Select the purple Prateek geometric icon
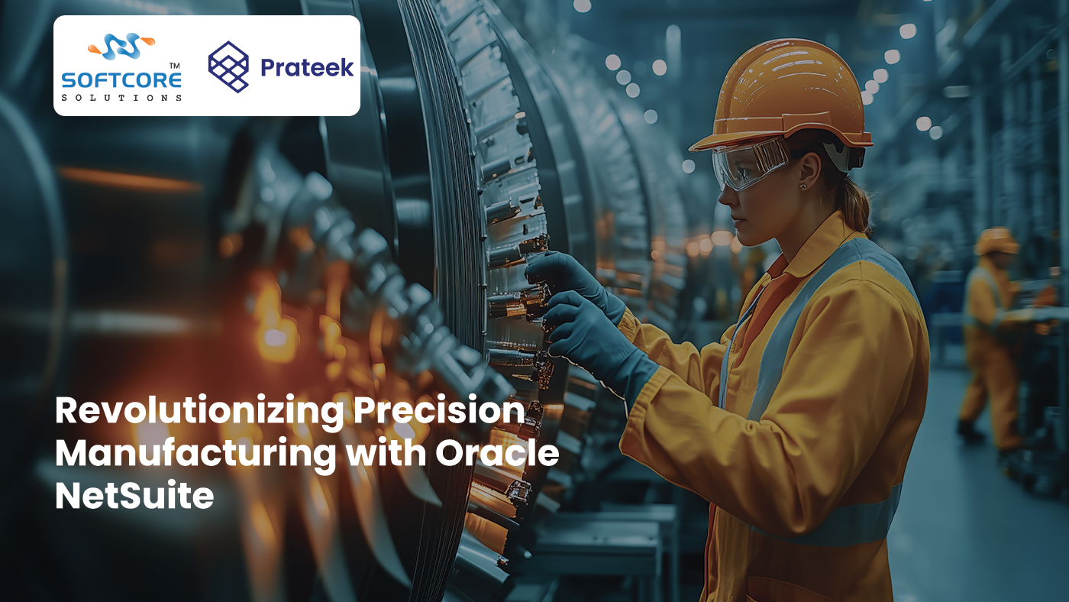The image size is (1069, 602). (x=228, y=66)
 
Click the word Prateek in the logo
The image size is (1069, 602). (x=307, y=67)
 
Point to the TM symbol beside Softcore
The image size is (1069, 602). (x=175, y=67)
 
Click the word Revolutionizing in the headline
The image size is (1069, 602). (x=195, y=413)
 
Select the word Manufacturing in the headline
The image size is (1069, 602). (x=195, y=455)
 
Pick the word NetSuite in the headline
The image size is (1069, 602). (x=134, y=497)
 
